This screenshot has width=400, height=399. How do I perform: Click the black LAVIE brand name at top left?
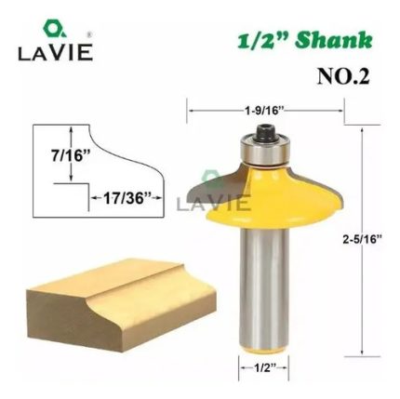[x=56, y=52]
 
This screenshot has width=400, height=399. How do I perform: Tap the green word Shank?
[x=333, y=40]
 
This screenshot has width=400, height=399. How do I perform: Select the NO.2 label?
[x=343, y=76]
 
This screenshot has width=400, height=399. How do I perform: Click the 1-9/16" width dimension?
[x=265, y=111]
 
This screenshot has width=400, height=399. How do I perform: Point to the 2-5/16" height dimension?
[x=362, y=239]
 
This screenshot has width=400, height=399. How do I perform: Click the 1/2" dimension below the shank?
[x=264, y=368]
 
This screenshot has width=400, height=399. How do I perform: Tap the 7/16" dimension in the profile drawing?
[x=68, y=155]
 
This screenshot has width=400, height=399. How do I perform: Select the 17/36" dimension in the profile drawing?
[x=124, y=198]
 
